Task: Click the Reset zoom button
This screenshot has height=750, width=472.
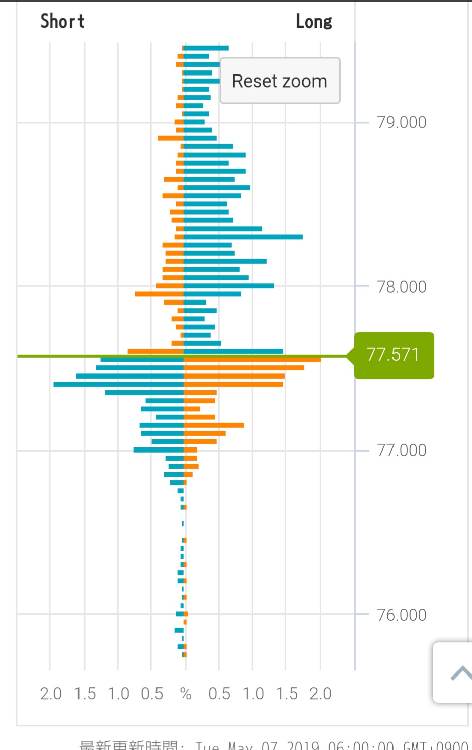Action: (x=280, y=81)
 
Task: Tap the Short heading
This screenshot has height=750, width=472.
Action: (x=62, y=21)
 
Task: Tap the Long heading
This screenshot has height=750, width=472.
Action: (x=314, y=22)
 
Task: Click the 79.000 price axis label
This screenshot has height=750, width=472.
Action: (x=402, y=122)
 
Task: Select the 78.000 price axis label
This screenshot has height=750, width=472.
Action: (x=402, y=287)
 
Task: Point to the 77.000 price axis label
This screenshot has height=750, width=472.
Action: (x=402, y=450)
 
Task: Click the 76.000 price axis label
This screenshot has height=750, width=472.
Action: (x=402, y=615)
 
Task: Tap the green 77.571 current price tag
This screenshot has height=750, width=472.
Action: (x=393, y=355)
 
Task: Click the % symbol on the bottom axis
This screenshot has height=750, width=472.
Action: (x=186, y=694)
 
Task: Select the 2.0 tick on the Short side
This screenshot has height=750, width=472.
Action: (x=51, y=694)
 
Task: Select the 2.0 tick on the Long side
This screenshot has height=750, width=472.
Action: (x=320, y=694)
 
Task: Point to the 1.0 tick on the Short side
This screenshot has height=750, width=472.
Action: (x=118, y=694)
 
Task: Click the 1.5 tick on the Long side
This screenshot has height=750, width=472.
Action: (x=286, y=694)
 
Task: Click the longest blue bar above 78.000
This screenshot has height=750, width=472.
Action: (x=243, y=237)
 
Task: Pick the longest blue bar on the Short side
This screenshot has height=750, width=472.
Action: (x=119, y=384)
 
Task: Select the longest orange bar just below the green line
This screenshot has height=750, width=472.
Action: (x=252, y=360)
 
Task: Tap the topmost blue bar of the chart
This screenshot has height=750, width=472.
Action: (x=206, y=48)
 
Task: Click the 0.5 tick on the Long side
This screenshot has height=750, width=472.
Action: (x=219, y=694)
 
